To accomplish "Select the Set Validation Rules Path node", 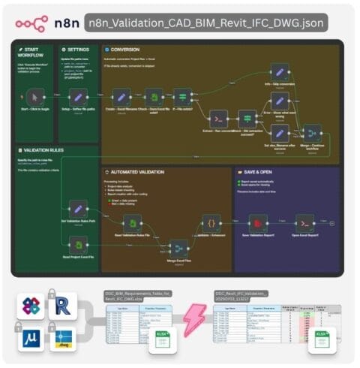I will tap(76, 209).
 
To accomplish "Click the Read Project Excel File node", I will tap(76, 245).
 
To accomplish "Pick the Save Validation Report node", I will tap(258, 224).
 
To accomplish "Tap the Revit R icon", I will tap(56, 306).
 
